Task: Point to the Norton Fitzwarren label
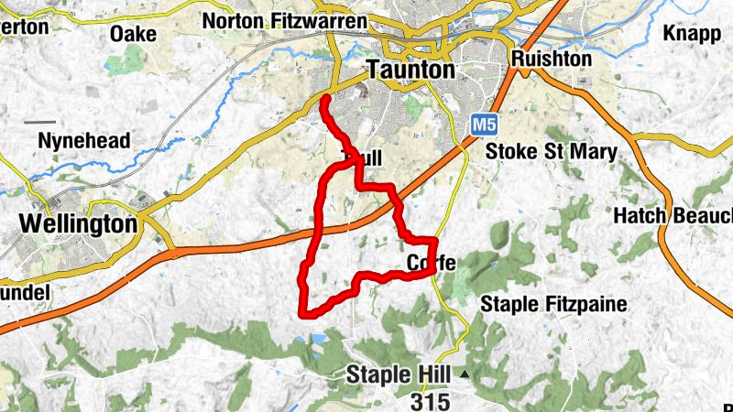point(284,20)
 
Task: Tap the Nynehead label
point(84,141)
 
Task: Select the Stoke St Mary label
point(551,151)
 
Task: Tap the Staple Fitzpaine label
point(553,304)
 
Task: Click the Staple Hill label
point(400,374)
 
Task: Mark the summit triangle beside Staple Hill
point(465,374)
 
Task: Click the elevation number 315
point(430,400)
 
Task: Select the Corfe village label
point(431,264)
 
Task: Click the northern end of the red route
point(325,96)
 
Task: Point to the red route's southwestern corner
point(304,313)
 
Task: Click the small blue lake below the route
point(317,339)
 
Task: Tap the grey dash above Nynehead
point(39,121)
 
